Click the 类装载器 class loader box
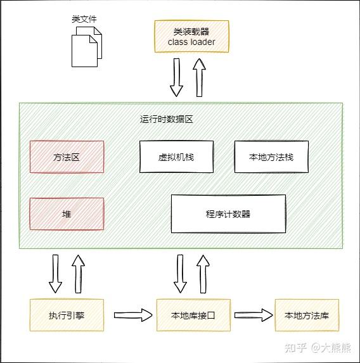click(x=191, y=36)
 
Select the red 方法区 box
click(x=67, y=156)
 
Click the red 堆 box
click(x=67, y=213)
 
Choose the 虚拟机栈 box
click(x=176, y=156)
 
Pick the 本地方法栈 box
click(x=271, y=156)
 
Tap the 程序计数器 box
click(x=228, y=213)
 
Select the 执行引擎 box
click(x=67, y=315)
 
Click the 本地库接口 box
click(x=193, y=315)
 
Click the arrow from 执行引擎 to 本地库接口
click(x=134, y=314)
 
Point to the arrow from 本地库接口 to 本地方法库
click(x=252, y=314)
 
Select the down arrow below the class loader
click(x=176, y=77)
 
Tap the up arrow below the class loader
click(x=199, y=77)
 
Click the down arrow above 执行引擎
click(x=55, y=273)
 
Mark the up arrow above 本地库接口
click(x=203, y=273)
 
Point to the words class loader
click(x=191, y=42)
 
